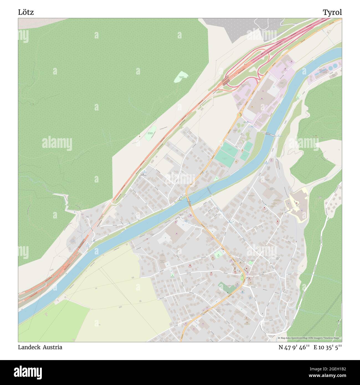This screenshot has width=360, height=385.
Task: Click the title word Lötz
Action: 26,12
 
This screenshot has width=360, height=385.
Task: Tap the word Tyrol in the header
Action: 332,12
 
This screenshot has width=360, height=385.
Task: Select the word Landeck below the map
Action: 29,347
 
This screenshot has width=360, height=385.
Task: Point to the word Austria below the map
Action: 52,347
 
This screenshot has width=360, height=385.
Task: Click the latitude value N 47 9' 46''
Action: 294,347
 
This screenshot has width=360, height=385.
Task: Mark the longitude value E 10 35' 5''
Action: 328,347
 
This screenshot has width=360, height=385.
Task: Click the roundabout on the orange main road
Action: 240,114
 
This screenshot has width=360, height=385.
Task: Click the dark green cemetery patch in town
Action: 227,288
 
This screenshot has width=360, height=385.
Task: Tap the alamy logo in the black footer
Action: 28,372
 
